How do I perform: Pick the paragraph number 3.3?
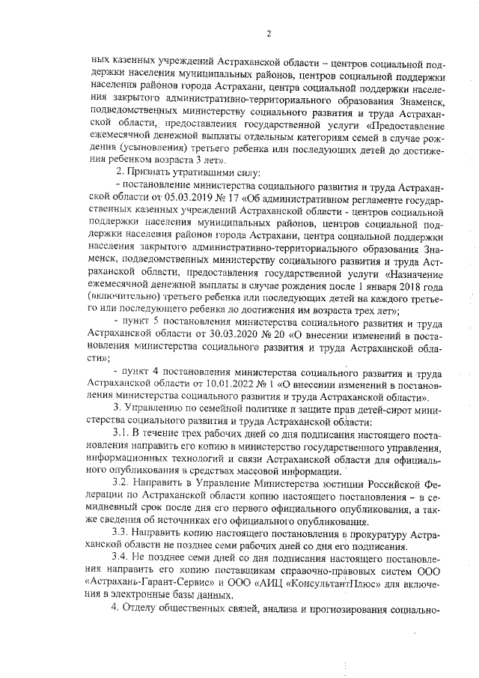click(123, 533)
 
